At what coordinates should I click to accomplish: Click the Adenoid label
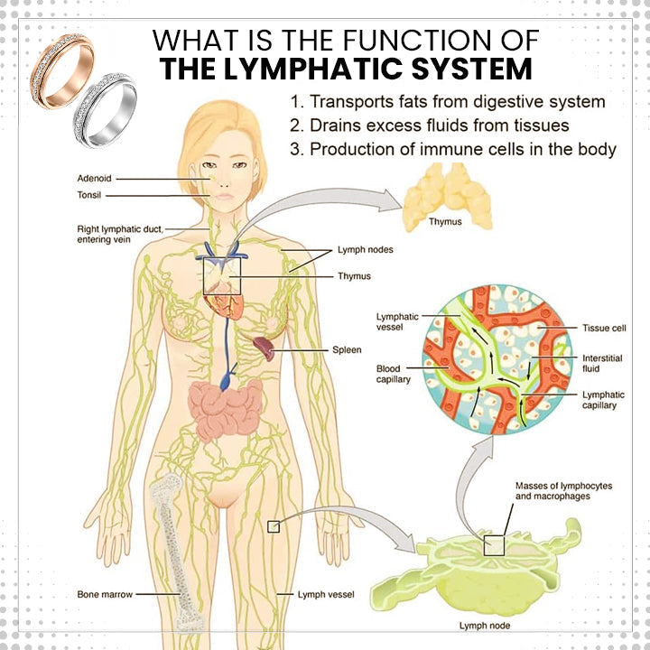pos(94,179)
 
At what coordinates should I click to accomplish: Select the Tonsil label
pos(89,194)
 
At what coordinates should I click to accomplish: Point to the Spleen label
pos(348,349)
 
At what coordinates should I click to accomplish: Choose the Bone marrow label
pos(106,595)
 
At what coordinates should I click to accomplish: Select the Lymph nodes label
pos(365,248)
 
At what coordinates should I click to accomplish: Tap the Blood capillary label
pos(393,375)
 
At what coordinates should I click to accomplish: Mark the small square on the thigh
pos(274,526)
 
